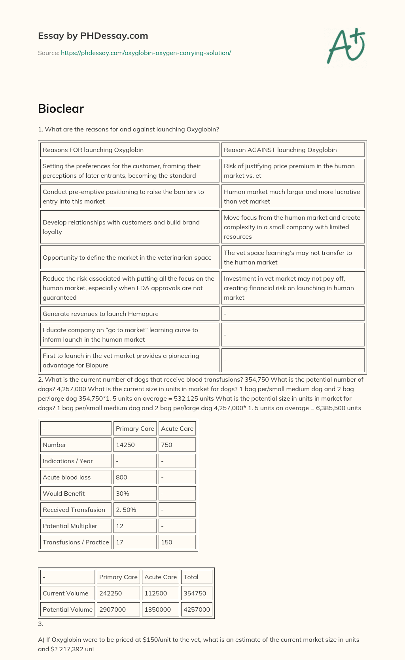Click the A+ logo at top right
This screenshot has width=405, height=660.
346,46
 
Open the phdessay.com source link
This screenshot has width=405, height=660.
146,53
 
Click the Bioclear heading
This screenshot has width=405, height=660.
61,109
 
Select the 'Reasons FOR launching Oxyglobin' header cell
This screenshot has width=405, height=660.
130,150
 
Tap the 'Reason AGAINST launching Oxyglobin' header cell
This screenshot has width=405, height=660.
293,150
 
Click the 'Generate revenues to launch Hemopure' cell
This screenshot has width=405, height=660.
130,314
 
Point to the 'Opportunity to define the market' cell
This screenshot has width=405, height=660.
130,257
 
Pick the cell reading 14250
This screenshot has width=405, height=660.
134,445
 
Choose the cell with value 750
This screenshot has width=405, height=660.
177,445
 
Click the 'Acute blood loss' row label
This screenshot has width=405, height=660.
76,477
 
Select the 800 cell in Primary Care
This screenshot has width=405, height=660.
134,477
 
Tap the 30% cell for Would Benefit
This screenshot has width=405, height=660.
134,493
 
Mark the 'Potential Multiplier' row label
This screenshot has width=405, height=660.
76,526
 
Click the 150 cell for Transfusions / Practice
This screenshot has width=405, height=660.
177,542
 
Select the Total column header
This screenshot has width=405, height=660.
197,577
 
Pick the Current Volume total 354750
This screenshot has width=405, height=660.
197,593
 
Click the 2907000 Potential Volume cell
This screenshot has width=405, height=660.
118,609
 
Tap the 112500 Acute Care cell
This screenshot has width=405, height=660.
160,593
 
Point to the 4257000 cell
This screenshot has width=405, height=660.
197,609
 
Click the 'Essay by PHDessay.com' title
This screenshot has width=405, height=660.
93,36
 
